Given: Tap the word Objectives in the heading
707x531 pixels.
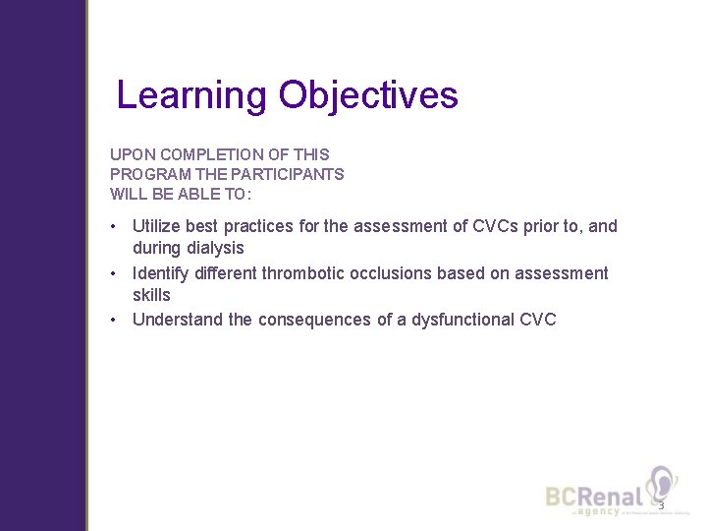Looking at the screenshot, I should (368, 95).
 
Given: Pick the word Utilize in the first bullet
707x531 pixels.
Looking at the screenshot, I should (157, 226).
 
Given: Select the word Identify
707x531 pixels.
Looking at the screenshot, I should (163, 272).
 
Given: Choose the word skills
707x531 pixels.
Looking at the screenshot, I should (151, 295).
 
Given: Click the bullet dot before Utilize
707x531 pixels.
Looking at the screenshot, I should (115, 226).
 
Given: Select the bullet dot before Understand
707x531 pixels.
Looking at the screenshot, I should (115, 320).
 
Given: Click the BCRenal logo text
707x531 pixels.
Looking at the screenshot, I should (595, 498).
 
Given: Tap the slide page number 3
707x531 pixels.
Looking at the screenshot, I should (661, 505).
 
